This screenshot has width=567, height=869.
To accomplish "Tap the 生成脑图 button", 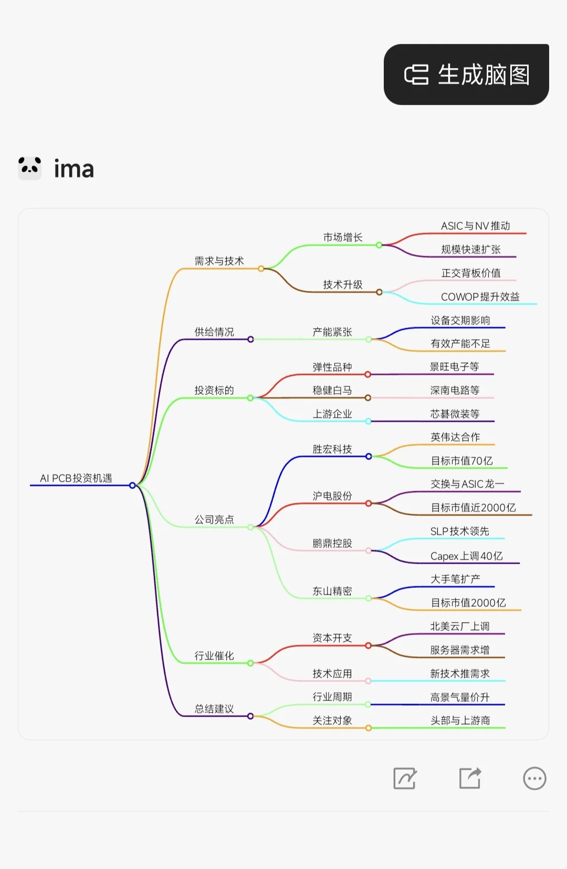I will point(466,75).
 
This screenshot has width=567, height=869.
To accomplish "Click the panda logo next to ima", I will point(29,168).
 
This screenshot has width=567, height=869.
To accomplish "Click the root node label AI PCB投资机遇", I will point(76,478).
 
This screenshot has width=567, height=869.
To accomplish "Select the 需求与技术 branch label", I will point(219,261).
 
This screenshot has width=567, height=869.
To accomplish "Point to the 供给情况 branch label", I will point(214,332).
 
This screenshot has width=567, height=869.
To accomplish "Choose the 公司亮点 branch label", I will point(214,519).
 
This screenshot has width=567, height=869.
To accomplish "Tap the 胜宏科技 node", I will point(332,449).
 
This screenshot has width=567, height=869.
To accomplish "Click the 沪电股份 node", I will point(332,496).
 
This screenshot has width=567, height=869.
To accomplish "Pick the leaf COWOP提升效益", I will point(480,297).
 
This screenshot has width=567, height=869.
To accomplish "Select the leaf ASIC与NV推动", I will point(475,226).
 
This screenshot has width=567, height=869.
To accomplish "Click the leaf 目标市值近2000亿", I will point(473,507).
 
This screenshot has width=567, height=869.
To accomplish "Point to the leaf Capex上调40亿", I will point(466,556).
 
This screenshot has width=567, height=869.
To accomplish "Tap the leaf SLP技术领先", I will point(459,531).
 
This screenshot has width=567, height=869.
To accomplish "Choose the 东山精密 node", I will point(332,591).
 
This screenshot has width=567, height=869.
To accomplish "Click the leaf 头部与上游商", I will point(460,720).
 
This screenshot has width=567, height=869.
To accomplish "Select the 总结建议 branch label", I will point(214,709).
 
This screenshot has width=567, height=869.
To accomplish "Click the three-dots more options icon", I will point(534,779).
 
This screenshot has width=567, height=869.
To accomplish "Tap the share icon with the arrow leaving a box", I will point(470,778).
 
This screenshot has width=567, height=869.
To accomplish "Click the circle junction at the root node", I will point(132,485).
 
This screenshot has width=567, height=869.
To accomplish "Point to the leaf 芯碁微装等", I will point(455,414).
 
